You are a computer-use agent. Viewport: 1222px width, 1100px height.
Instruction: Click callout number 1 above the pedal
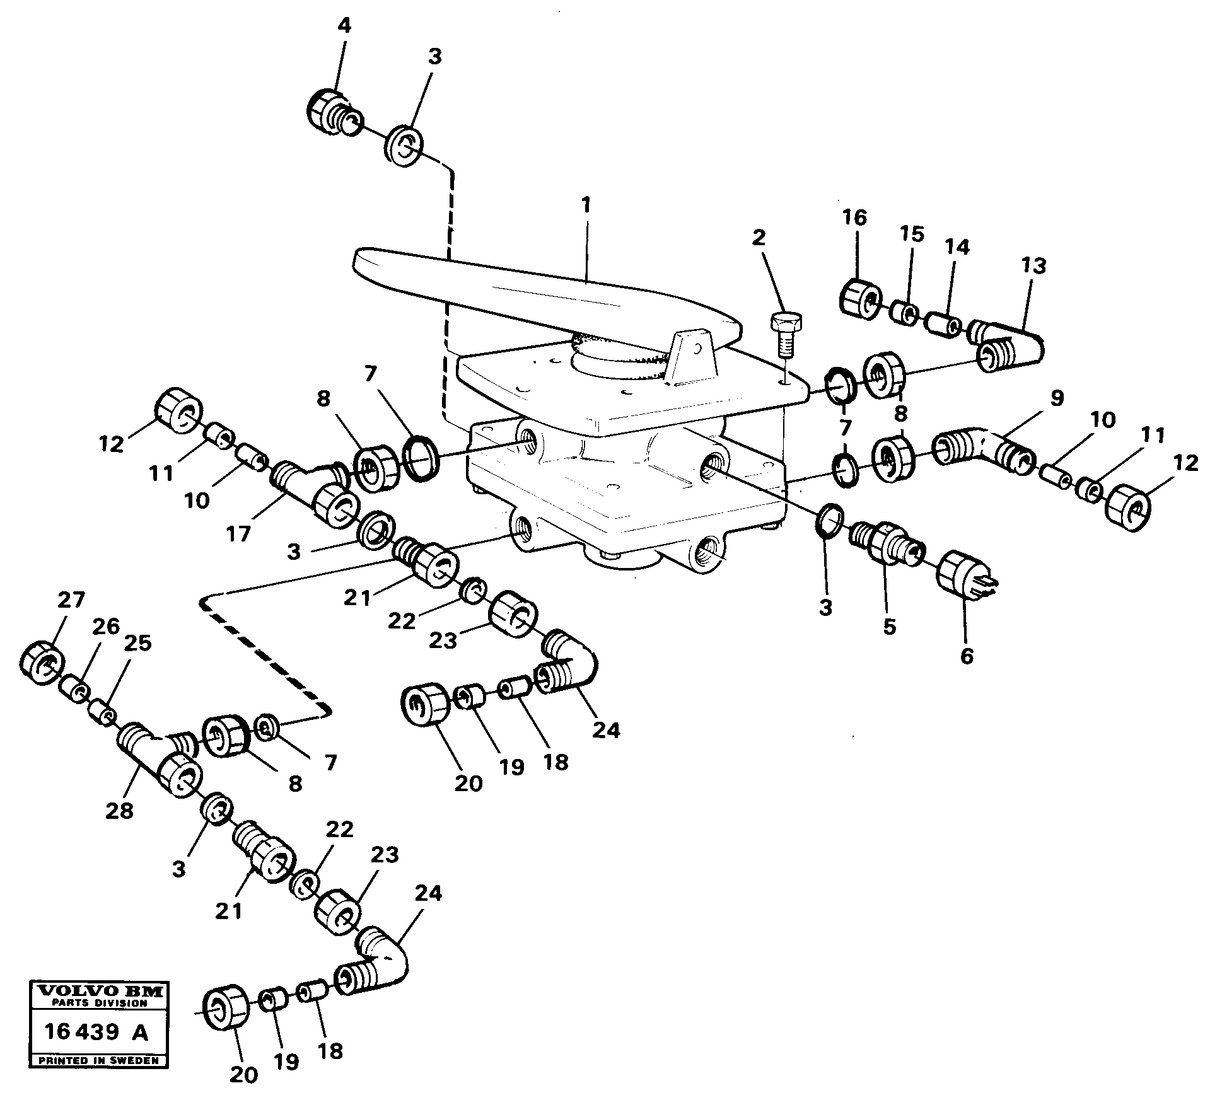tap(586, 206)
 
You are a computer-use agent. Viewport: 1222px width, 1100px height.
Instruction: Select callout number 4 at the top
tap(344, 26)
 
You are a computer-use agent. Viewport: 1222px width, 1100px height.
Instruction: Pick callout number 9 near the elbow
tap(1057, 398)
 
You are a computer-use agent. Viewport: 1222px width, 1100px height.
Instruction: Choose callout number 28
tap(120, 810)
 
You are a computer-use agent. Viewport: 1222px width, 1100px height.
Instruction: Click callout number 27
tap(71, 599)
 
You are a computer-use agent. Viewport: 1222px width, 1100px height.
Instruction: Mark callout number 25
tap(138, 643)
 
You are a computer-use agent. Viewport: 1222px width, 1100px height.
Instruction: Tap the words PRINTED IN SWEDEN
tap(98, 1061)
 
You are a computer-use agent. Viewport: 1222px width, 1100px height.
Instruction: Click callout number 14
tap(957, 247)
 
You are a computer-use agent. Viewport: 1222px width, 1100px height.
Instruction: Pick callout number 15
tap(912, 234)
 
